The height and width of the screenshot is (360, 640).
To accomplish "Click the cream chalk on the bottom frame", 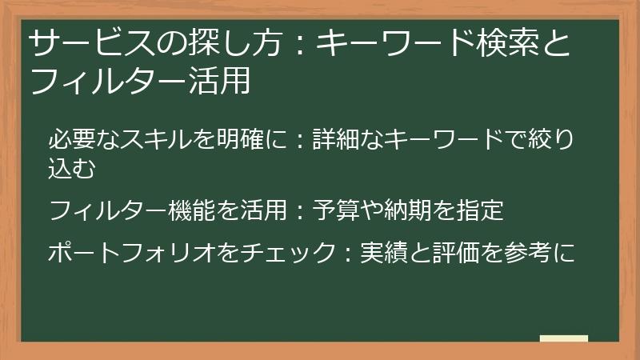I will point(563,338).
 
